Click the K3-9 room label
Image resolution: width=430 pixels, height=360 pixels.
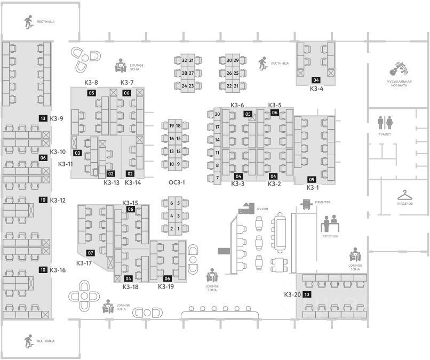[57, 118]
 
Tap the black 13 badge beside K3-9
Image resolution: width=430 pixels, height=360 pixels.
[43, 118]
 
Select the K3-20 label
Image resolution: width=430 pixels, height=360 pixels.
[292, 294]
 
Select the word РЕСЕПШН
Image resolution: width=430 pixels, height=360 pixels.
[330, 235]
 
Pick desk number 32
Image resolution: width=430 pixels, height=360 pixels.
[184, 60]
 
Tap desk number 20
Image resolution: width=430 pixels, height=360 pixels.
[217, 114]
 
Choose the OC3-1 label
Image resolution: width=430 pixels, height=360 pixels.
[177, 182]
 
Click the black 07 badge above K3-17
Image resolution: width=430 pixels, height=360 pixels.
[91, 252]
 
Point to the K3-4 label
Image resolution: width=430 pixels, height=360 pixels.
[317, 89]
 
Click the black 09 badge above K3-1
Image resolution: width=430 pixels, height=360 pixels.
[312, 179]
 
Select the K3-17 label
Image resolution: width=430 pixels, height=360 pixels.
[84, 262]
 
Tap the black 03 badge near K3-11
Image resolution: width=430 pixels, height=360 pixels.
[77, 154]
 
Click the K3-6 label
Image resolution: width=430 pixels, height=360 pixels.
[237, 105]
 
